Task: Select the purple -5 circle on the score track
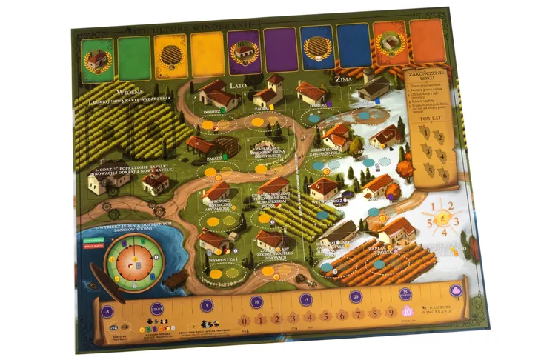(x=109, y=310)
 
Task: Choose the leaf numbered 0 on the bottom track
(x=243, y=320)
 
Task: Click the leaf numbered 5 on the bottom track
(x=325, y=317)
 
